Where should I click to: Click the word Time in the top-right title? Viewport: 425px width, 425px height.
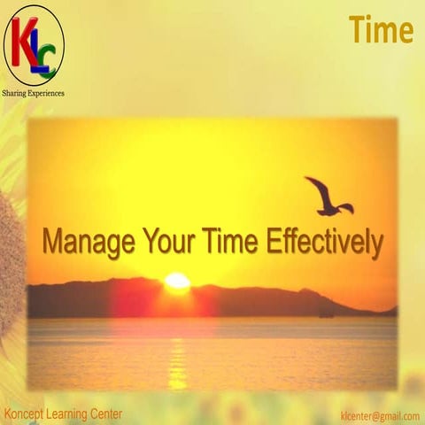pos(381,29)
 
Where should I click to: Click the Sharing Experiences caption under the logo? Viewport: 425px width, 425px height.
pos(34,92)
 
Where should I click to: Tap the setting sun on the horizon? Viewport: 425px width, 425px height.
pos(177,282)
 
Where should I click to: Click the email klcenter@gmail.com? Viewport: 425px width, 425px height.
pos(379,415)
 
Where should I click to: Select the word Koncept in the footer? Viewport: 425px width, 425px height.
pos(26,414)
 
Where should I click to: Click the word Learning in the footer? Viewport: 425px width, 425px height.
pos(69,414)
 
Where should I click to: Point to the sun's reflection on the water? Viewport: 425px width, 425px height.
pos(177,354)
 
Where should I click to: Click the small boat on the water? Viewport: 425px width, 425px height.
pos(328,313)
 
